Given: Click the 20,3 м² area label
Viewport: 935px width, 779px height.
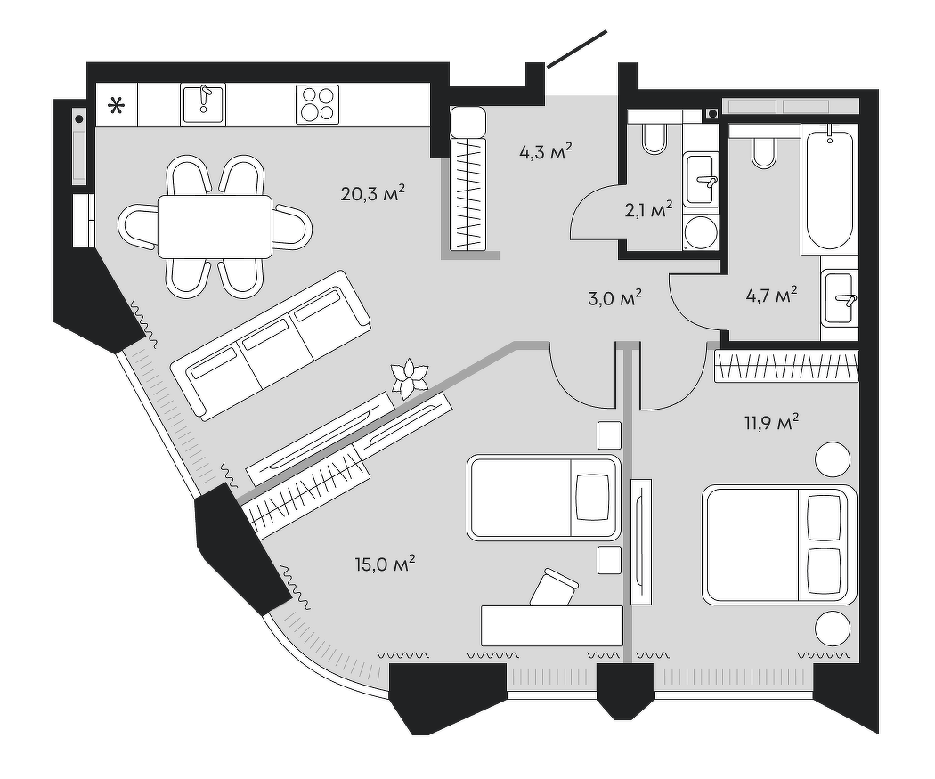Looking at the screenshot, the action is click(373, 193).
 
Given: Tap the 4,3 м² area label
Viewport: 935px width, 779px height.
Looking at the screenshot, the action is click(546, 152).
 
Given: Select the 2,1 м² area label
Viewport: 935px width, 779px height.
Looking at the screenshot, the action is click(649, 210).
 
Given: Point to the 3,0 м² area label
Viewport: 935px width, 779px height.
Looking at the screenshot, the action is click(614, 296).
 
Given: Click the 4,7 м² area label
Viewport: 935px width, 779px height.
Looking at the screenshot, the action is click(772, 295).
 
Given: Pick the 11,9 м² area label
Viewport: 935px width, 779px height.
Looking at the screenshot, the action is click(771, 423).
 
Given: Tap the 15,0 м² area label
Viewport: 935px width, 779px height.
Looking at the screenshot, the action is click(385, 564).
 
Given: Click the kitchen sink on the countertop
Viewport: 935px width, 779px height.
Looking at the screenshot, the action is click(203, 104).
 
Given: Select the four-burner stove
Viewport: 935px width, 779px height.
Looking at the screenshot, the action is click(317, 104).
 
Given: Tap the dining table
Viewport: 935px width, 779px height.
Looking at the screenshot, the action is click(215, 227).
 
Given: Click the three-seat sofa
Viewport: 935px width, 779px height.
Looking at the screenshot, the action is click(271, 345).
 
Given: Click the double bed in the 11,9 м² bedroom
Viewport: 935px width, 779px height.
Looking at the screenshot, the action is click(779, 545).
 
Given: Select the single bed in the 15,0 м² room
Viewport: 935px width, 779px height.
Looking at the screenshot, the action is click(544, 498).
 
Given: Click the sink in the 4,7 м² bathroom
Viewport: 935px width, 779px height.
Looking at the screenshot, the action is click(839, 298).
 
